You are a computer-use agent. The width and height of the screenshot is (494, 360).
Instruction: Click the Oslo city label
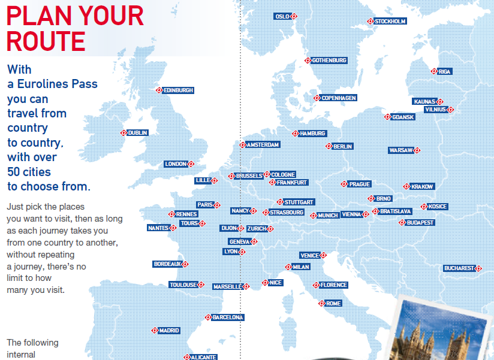tap(282, 16)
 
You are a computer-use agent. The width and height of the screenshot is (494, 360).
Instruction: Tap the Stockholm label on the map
tap(390, 21)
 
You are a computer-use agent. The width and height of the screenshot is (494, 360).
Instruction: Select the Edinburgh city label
tap(179, 90)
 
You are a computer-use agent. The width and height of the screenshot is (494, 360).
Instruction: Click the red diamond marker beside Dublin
tap(123, 133)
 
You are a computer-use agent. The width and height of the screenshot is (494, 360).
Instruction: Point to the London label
tap(176, 164)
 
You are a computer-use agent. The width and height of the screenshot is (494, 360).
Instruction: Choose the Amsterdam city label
tap(263, 145)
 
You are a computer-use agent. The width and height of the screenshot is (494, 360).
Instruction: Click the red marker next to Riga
tap(434, 71)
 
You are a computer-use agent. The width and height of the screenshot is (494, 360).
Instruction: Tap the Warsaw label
tap(400, 150)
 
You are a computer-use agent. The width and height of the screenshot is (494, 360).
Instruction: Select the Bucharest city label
tap(459, 268)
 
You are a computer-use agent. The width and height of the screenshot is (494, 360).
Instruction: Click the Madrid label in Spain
tap(168, 330)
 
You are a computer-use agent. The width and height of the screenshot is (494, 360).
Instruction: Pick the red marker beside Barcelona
tap(208, 317)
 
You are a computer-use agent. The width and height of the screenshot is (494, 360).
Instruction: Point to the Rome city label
tap(333, 304)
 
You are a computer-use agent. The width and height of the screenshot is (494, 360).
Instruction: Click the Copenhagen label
tap(339, 98)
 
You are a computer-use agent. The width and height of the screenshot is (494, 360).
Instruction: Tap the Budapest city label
tap(420, 223)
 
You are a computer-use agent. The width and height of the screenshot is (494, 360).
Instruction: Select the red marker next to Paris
tap(216, 205)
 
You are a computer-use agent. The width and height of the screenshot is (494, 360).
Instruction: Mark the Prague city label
tap(360, 184)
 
